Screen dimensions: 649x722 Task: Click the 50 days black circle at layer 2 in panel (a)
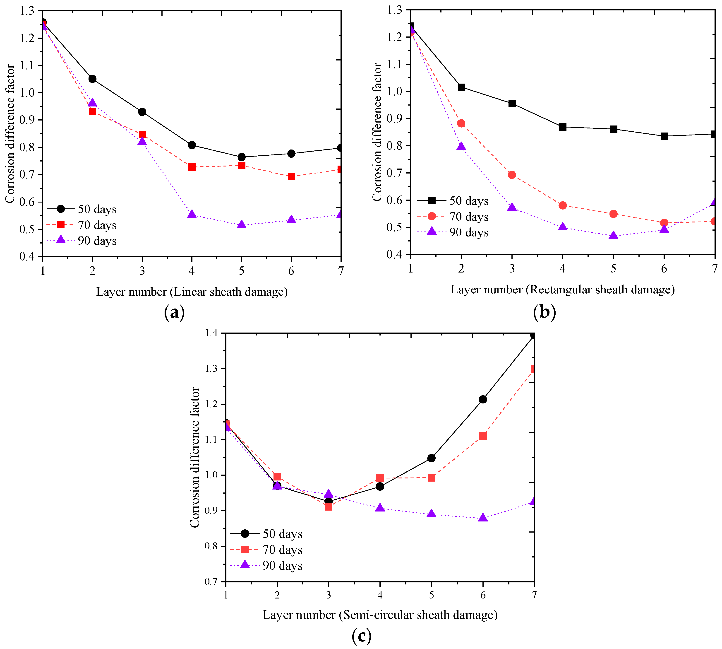click(x=92, y=79)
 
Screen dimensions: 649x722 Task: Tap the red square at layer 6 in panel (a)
click(x=291, y=176)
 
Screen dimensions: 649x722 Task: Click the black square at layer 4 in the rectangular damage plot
click(x=563, y=127)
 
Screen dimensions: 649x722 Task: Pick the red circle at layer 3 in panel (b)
click(x=512, y=175)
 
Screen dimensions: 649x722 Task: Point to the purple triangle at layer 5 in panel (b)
click(x=613, y=235)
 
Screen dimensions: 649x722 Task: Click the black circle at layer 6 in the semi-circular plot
click(x=483, y=399)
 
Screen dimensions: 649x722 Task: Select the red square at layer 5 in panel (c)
click(x=432, y=478)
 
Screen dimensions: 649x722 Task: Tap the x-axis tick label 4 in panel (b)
click(x=563, y=268)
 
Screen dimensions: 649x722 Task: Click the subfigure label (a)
click(x=175, y=312)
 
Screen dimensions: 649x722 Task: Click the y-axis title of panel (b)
click(x=377, y=132)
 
